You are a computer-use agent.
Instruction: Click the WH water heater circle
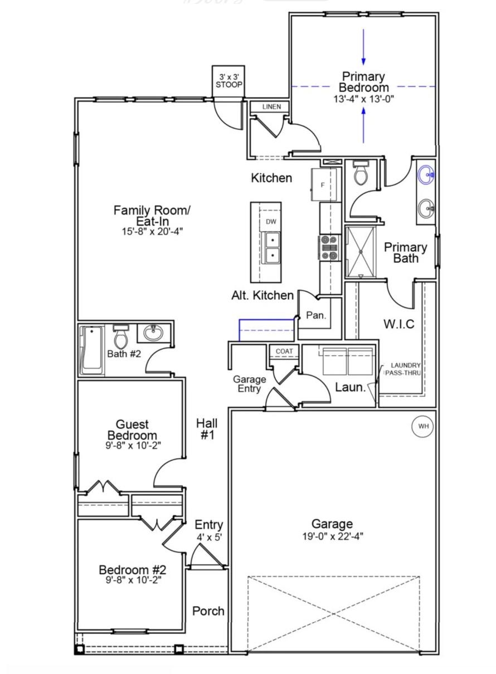click(423, 426)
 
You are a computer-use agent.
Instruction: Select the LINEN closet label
click(271, 107)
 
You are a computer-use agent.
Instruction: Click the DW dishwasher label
click(271, 222)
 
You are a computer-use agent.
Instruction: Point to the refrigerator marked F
click(324, 185)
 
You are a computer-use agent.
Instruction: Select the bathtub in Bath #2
click(92, 350)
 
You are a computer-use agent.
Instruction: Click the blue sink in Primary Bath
click(426, 174)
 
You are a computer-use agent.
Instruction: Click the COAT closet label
click(284, 351)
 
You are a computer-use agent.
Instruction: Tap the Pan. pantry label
click(316, 315)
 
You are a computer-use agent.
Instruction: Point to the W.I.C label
click(399, 324)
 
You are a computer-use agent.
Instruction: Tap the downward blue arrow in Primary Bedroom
click(363, 47)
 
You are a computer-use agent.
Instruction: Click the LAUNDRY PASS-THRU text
click(403, 369)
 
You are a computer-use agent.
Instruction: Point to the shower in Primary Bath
click(361, 251)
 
